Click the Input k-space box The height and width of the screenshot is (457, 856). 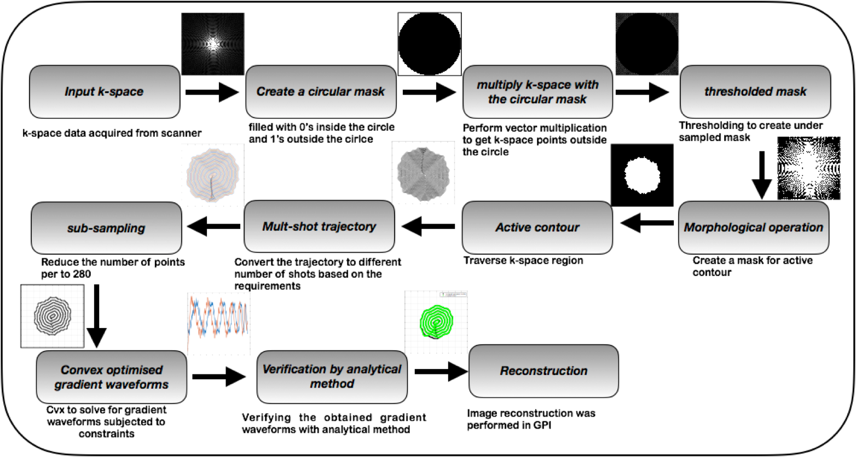tap(105, 92)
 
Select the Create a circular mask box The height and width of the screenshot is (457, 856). tap(321, 92)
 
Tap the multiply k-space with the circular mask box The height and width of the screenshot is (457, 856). tap(537, 92)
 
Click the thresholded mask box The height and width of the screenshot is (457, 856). tap(755, 92)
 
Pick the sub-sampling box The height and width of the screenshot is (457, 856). tap(106, 228)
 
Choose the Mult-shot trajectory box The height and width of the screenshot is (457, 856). tap(319, 226)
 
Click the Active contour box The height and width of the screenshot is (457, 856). tap(537, 227)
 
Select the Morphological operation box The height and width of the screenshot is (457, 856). tap(754, 227)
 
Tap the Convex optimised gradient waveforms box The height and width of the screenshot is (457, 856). tap(112, 377)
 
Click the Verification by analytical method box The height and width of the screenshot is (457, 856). tap(332, 377)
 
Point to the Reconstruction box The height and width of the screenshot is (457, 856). tap(543, 371)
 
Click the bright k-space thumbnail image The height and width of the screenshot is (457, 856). tap(213, 44)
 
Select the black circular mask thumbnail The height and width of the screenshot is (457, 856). tap(647, 44)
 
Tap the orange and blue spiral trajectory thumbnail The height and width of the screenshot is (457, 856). tap(213, 175)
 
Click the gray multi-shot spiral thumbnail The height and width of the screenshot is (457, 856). tap(424, 173)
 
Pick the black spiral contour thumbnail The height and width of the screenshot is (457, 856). tap(53, 316)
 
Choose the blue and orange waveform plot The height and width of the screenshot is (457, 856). tap(218, 324)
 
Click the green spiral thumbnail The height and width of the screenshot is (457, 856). tap(436, 322)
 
